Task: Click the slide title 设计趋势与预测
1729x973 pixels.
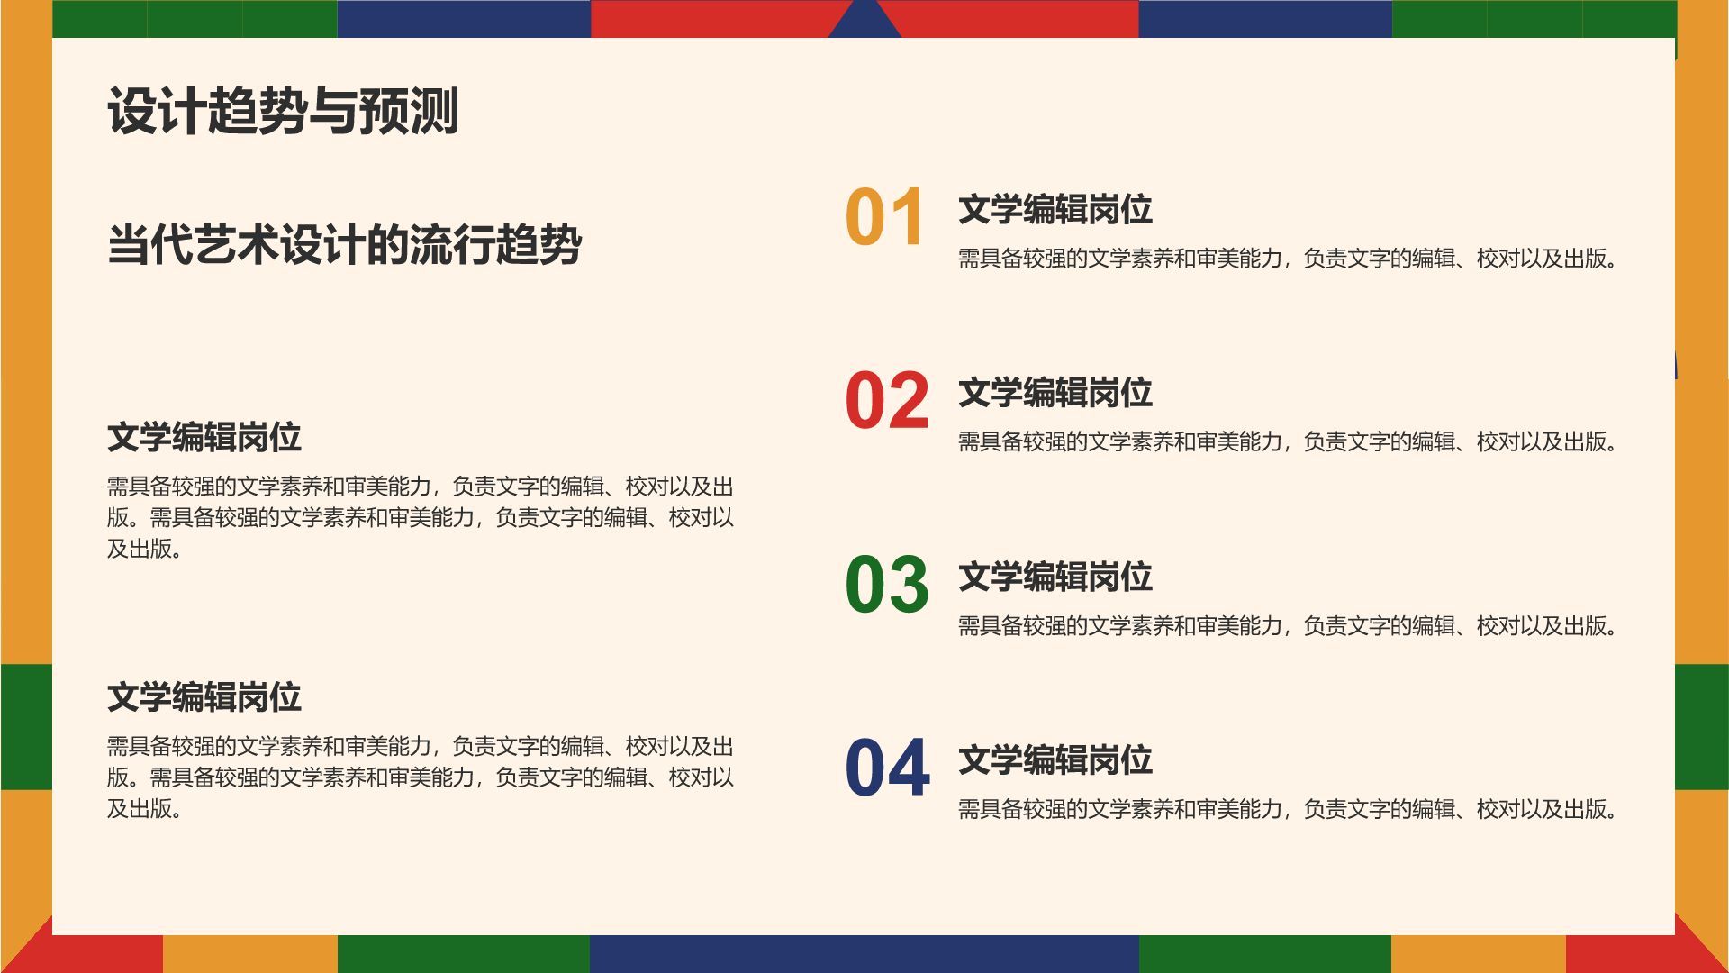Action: point(283,112)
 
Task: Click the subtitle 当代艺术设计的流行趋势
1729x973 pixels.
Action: point(344,245)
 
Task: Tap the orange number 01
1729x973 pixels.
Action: point(885,218)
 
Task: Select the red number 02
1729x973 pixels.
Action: point(887,401)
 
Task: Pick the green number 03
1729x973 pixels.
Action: point(887,585)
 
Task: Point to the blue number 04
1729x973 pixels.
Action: point(887,768)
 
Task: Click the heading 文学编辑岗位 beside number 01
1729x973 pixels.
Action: point(1055,210)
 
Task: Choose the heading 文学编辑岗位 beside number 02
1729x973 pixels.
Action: point(1055,394)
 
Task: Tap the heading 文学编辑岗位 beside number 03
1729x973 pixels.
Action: point(1055,577)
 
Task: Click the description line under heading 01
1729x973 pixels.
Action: point(1287,259)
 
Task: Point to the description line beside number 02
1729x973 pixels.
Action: point(1287,442)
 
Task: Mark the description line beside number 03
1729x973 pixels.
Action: point(1287,626)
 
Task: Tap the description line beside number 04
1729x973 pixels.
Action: point(1287,810)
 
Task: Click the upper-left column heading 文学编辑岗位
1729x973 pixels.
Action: point(204,438)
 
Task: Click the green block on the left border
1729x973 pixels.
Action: point(25,726)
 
